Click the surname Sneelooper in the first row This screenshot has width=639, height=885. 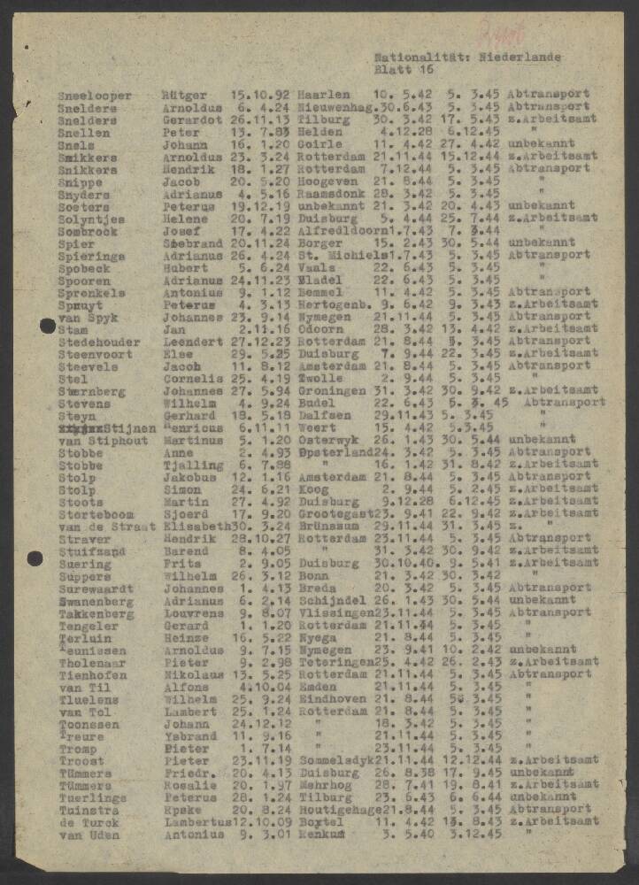pyautogui.click(x=95, y=96)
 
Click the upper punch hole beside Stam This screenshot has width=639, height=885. pyautogui.click(x=48, y=327)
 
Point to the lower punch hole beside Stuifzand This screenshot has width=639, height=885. pyautogui.click(x=35, y=558)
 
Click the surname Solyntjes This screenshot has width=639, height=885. pyautogui.click(x=91, y=219)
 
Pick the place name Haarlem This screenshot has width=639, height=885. pyautogui.click(x=324, y=95)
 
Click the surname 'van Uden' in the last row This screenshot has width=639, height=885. pyautogui.click(x=89, y=835)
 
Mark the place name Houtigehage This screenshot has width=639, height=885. pyautogui.click(x=339, y=810)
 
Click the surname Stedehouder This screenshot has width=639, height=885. pyautogui.click(x=99, y=342)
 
